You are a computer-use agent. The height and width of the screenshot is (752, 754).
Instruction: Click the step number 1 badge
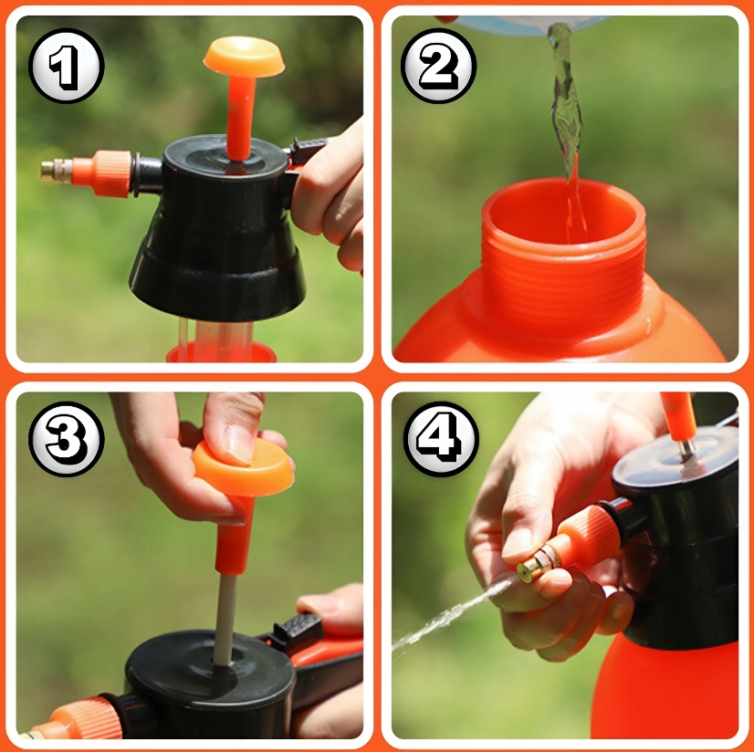point(67,66)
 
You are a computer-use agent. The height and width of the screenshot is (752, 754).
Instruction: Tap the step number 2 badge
point(438,66)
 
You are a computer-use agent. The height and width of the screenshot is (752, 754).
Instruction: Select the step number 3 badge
point(67,439)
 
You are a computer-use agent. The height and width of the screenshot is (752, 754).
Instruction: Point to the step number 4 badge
point(441,439)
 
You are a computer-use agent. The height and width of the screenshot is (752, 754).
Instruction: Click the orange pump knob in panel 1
point(244,57)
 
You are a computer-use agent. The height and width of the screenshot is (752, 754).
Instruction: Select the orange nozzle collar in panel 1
point(102,173)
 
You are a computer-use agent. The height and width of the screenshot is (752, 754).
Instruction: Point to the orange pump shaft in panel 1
point(240,118)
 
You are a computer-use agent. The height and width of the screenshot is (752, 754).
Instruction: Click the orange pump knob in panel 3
point(244,469)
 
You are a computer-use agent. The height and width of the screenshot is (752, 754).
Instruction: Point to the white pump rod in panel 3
point(225,620)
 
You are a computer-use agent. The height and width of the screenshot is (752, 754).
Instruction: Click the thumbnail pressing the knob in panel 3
point(239,444)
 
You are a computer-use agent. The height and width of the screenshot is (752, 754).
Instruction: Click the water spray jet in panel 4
point(452,613)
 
